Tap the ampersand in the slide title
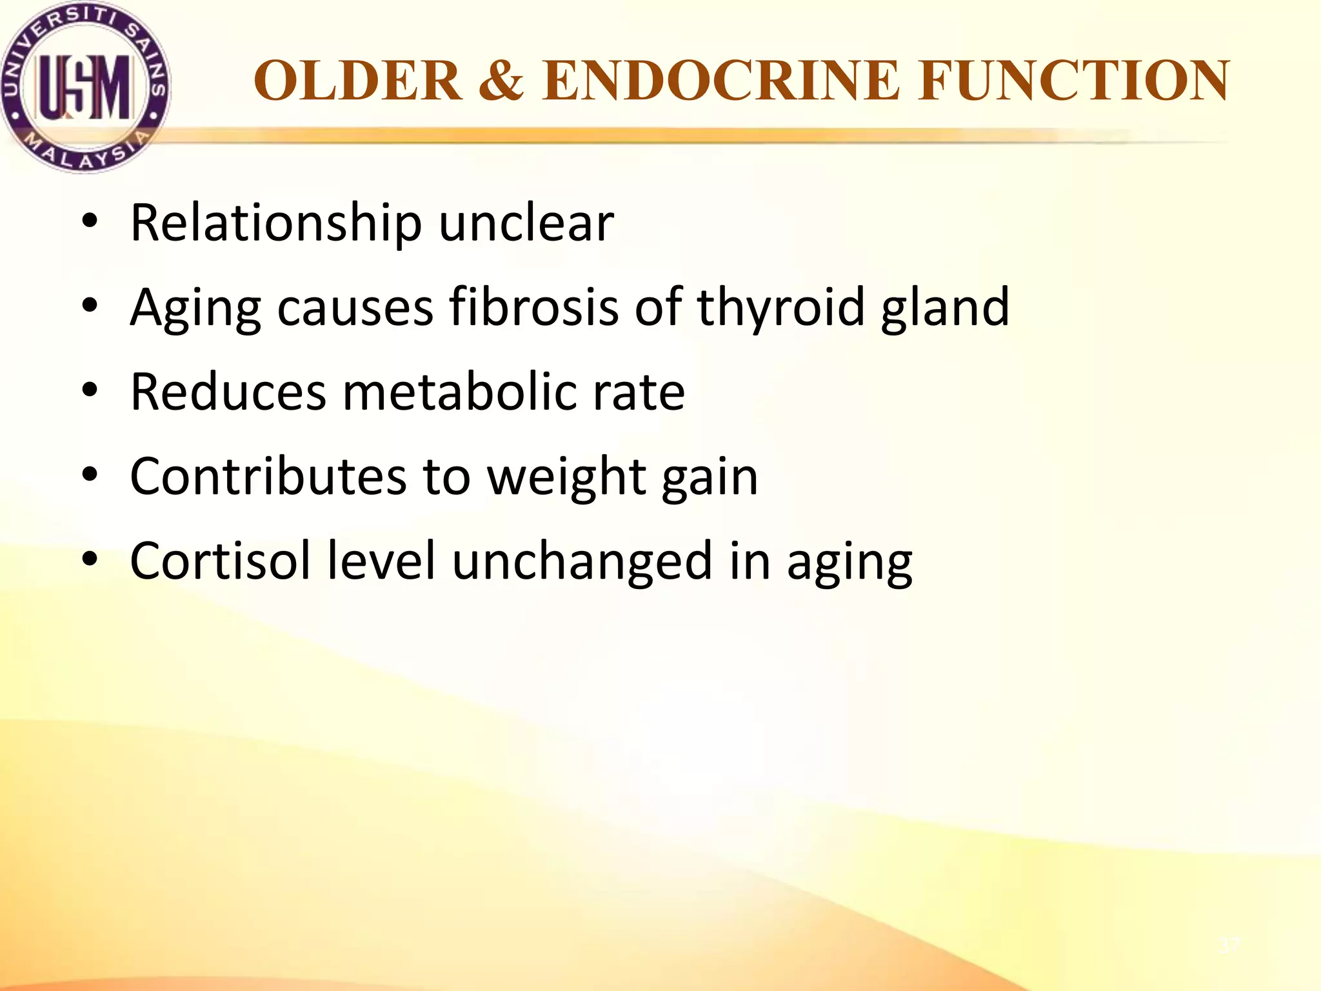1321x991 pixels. [x=501, y=81]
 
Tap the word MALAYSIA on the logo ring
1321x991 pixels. [x=86, y=154]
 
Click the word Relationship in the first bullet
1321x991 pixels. [x=276, y=223]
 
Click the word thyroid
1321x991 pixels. [x=780, y=308]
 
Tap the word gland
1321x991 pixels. [x=945, y=308]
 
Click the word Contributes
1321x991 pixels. [x=268, y=477]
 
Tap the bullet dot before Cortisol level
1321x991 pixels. [x=90, y=558]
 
